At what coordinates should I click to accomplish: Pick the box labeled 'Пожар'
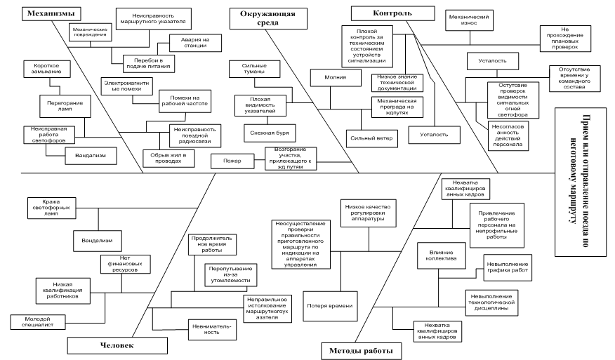[233, 161]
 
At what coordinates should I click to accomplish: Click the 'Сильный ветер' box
[371, 139]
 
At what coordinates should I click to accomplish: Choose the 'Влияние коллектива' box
[437, 254]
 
